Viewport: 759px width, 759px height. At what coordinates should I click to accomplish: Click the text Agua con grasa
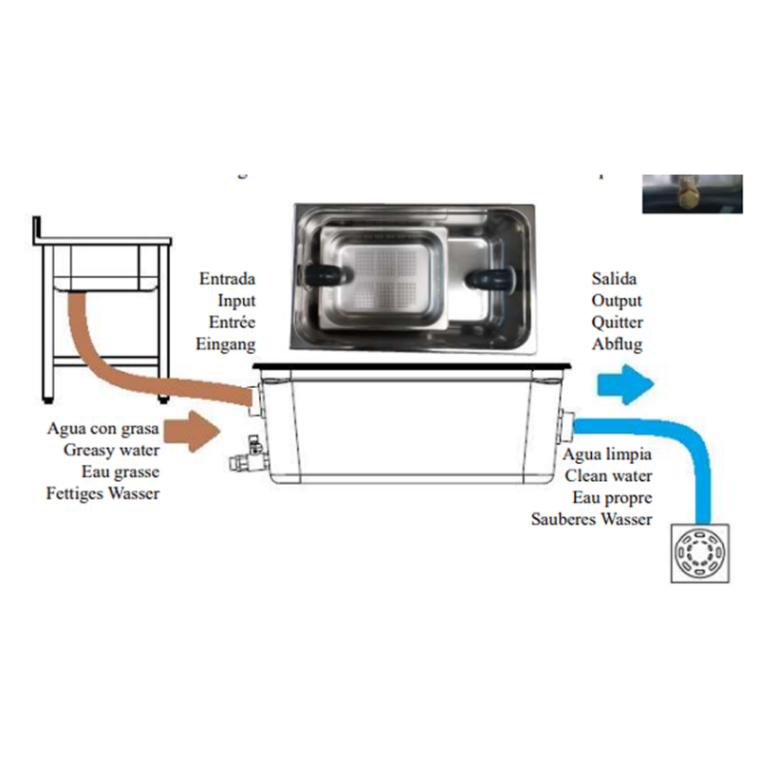coord(103,428)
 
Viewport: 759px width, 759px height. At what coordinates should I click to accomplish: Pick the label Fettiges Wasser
coord(103,492)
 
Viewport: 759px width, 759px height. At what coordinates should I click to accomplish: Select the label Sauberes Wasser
coord(592,519)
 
